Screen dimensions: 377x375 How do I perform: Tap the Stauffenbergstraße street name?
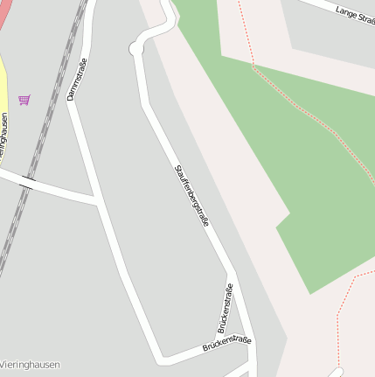pos(191,195)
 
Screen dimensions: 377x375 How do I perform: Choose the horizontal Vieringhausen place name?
pos(31,365)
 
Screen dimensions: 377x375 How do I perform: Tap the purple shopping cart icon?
pos(24,100)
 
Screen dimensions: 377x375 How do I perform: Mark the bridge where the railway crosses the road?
pos(28,184)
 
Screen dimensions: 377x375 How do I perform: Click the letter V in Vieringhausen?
pos(3,365)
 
